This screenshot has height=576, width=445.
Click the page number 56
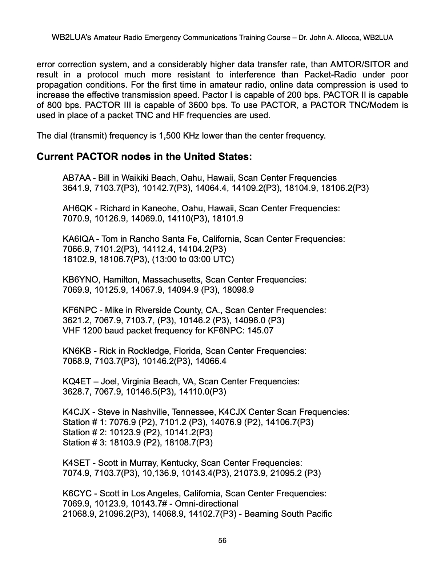tap(222, 540)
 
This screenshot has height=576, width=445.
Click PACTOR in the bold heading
tap(97, 157)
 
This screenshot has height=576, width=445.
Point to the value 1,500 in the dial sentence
tap(169, 136)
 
